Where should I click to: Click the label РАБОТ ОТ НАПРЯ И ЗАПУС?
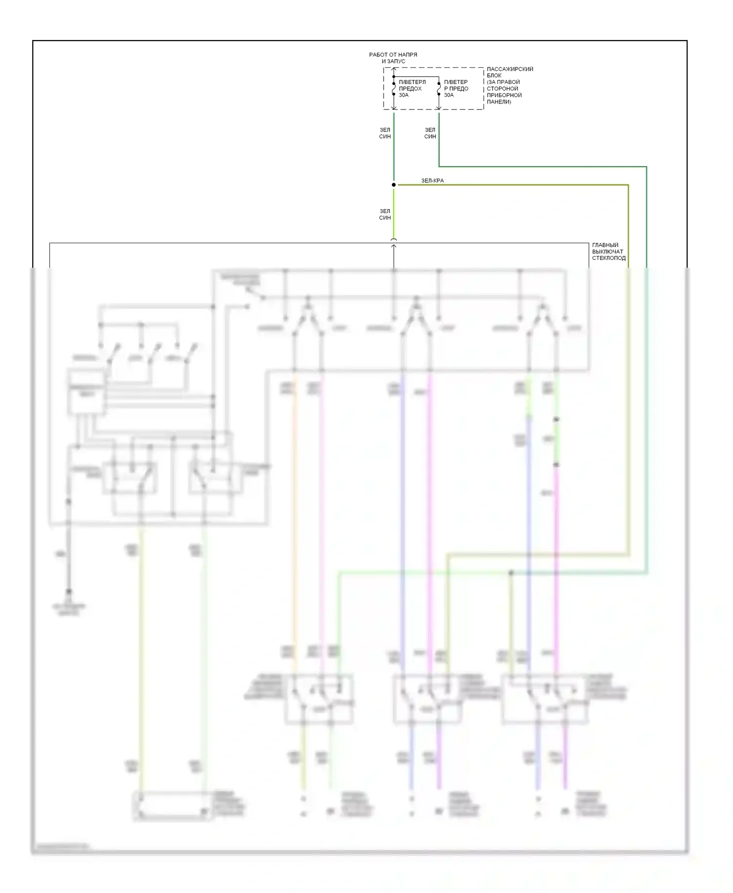pyautogui.click(x=393, y=58)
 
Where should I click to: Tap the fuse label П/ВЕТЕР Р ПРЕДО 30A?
pyautogui.click(x=456, y=88)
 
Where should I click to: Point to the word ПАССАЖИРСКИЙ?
pyautogui.click(x=510, y=69)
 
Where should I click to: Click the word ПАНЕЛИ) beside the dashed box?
pyautogui.click(x=499, y=102)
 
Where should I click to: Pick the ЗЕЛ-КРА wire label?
pyautogui.click(x=432, y=181)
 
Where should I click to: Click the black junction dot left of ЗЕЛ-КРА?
pyautogui.click(x=394, y=185)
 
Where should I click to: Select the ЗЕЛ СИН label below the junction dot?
pyautogui.click(x=385, y=214)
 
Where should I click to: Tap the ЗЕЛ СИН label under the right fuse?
pyautogui.click(x=430, y=133)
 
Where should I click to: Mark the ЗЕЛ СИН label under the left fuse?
pyautogui.click(x=385, y=133)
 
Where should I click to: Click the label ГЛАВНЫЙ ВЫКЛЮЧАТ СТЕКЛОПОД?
pyautogui.click(x=608, y=252)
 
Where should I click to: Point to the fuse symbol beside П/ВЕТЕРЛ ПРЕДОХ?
pyautogui.click(x=394, y=88)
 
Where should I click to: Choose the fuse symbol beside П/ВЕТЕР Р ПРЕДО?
pyautogui.click(x=439, y=88)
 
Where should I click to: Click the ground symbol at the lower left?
pyautogui.click(x=69, y=594)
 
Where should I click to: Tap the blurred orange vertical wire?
pyautogui.click(x=295, y=513)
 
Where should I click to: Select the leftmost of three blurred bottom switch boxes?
pyautogui.click(x=319, y=699)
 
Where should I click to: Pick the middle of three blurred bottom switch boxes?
pyautogui.click(x=428, y=699)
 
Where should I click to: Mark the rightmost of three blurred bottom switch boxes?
pyautogui.click(x=545, y=699)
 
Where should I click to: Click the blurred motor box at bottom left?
pyautogui.click(x=171, y=806)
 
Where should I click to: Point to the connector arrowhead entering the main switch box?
pyautogui.click(x=394, y=246)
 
